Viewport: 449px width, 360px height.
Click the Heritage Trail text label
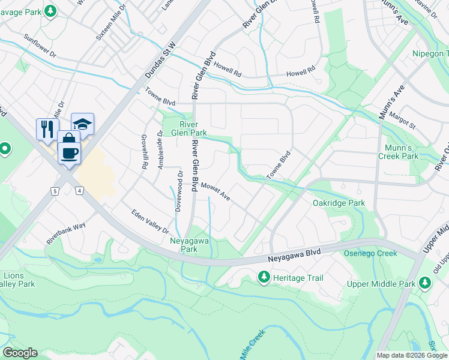point(298,278)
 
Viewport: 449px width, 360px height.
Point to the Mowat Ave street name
point(215,193)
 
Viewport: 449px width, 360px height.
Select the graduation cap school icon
point(82,123)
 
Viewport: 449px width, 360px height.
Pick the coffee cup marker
point(69,151)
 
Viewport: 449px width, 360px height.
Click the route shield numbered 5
point(55,191)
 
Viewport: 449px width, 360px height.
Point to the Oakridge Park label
point(339,203)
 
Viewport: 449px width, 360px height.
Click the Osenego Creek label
point(370,253)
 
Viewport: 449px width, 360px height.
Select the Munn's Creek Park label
point(398,152)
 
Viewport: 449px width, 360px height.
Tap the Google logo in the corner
point(20,353)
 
